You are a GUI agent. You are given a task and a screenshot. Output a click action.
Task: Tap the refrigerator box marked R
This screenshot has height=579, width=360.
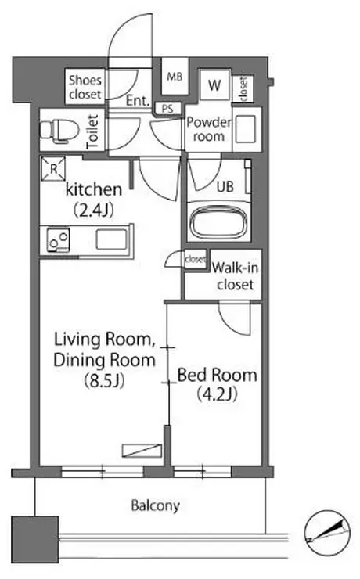tap(53, 169)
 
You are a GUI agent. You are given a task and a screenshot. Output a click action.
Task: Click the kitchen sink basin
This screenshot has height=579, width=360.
tap(111, 239)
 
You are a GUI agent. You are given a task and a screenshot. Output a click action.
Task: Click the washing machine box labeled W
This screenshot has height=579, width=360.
tap(214, 85)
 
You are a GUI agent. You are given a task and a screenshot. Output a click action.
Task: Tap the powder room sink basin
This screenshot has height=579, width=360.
tap(246, 128)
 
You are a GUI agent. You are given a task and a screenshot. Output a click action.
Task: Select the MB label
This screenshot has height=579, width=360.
tap(175, 77)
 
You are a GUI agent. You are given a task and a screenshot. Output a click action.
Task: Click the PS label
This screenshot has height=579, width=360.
tap(167, 109)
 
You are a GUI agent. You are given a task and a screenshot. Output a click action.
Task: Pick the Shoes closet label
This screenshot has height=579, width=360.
tap(85, 87)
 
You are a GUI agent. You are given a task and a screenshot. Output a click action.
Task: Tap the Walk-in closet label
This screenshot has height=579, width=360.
tap(236, 275)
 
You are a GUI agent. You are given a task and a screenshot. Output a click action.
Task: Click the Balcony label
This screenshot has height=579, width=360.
tap(156, 505)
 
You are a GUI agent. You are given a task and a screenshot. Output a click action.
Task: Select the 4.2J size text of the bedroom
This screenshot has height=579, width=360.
tap(217, 394)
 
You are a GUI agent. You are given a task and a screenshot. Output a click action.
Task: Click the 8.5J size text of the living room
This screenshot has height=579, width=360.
tap(105, 380)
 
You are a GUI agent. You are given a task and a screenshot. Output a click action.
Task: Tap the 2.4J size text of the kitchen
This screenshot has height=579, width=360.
tap(94, 210)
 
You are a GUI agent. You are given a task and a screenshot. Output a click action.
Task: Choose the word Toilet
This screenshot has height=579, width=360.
tap(92, 131)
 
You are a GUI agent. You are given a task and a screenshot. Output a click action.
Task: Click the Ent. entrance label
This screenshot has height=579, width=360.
tap(138, 100)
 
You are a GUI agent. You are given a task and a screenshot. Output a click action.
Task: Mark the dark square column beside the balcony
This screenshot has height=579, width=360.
tap(35, 539)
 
